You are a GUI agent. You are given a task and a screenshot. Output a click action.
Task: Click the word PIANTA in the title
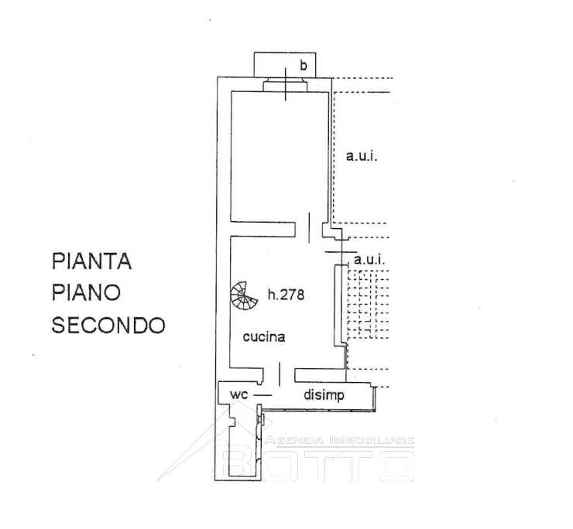tap(91, 261)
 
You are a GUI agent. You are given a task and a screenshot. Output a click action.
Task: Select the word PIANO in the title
tap(86, 292)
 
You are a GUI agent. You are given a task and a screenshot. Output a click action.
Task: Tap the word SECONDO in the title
tap(108, 325)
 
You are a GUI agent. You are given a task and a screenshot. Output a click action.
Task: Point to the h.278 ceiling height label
tap(286, 294)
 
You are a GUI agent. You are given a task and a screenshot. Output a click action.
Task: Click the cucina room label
tap(264, 336)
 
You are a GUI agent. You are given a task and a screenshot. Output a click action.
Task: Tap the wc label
tap(239, 394)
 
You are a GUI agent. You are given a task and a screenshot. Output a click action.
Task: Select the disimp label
tap(324, 395)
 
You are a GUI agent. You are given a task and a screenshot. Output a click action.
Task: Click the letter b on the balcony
tap(304, 65)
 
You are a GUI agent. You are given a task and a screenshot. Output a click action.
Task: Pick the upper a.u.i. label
tap(362, 156)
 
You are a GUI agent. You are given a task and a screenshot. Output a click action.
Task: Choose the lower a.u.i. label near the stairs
tap(369, 260)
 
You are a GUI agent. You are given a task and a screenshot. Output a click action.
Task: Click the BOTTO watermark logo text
tap(318, 466)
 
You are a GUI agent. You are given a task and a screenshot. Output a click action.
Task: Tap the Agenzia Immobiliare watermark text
tap(340, 440)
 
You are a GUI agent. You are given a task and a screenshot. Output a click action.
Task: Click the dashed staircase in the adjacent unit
tap(368, 304)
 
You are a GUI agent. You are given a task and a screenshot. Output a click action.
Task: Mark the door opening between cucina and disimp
tap(280, 374)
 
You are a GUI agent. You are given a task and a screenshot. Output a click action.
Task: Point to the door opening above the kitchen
tap(309, 227)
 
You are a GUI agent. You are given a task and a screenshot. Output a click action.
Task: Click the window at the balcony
tap(286, 85)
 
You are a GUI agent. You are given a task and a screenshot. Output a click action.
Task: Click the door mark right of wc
tap(262, 395)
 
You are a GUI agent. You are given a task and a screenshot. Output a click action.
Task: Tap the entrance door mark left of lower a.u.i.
tap(341, 252)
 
